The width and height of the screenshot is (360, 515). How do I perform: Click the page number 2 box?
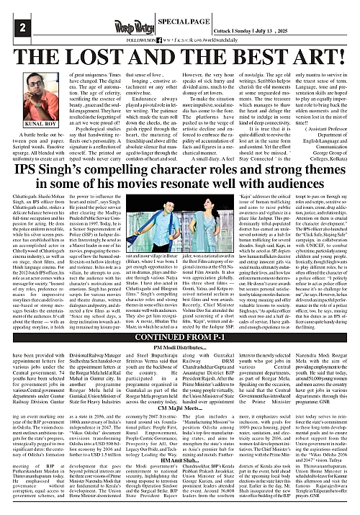pos(12,27)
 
